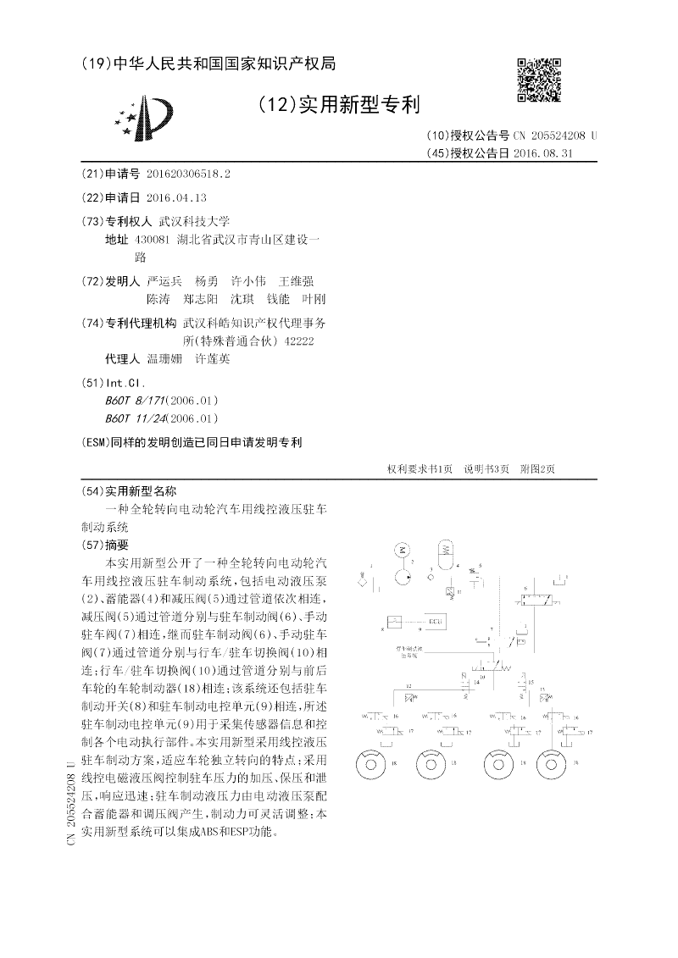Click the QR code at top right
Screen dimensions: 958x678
[539, 80]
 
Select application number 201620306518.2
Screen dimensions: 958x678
[188, 173]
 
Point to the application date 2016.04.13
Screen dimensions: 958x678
[176, 197]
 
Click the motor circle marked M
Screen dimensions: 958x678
[401, 551]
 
